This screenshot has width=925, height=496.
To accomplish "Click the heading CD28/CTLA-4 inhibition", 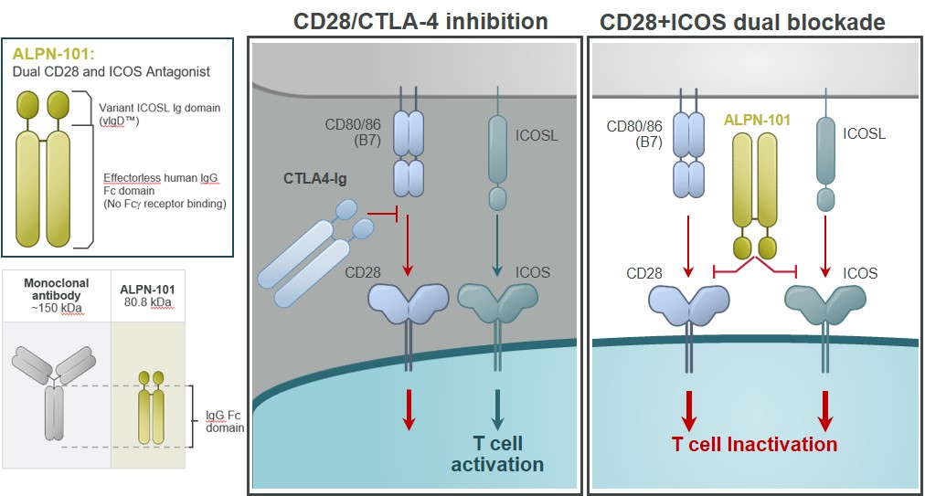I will point(420,20).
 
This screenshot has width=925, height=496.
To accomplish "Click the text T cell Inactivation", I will point(754,445).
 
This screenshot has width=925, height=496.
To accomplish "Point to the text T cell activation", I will point(496,454).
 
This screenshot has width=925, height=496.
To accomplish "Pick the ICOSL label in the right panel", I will point(865,134).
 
